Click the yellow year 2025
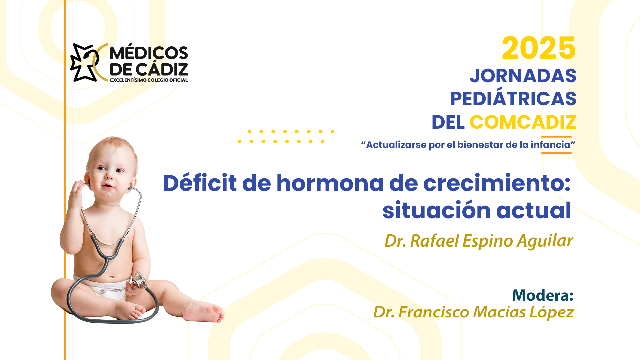tap(539, 48)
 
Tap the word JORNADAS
tap(523, 76)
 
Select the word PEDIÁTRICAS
tap(513, 99)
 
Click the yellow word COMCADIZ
tap(523, 122)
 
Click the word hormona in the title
tap(330, 183)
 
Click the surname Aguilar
tap(545, 241)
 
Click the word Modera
tap(540, 295)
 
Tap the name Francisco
tap(434, 312)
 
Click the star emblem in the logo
tap(85, 62)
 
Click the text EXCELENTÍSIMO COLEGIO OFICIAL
tap(149, 80)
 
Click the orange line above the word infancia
tap(556, 136)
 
